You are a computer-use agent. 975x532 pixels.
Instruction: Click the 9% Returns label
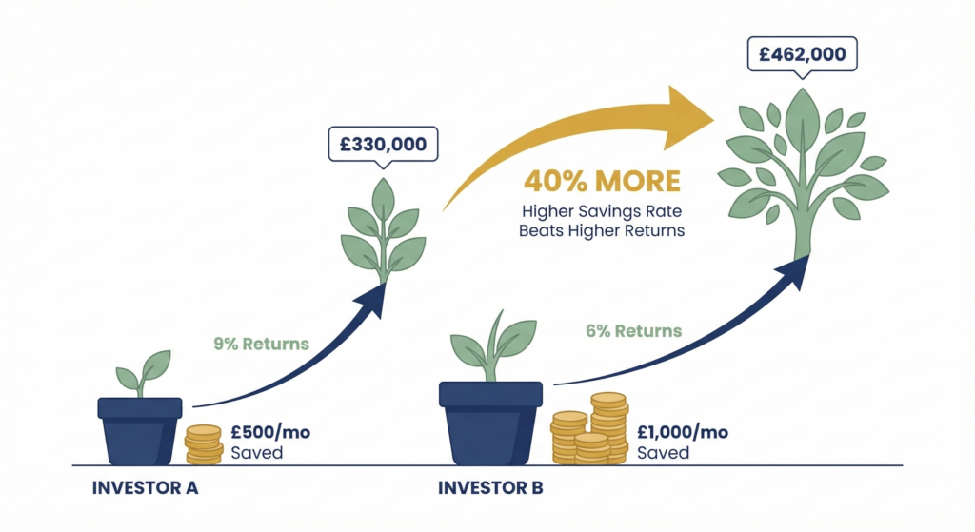262,343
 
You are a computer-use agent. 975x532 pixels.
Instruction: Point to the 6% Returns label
633,331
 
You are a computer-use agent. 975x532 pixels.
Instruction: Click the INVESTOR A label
145,488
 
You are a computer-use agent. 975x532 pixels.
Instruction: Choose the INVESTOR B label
490,488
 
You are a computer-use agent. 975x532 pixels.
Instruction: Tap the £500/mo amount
270,432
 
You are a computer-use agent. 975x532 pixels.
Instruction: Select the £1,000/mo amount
683,432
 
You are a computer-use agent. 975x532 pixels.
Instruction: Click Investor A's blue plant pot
141,431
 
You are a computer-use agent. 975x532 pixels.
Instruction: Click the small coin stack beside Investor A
203,444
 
